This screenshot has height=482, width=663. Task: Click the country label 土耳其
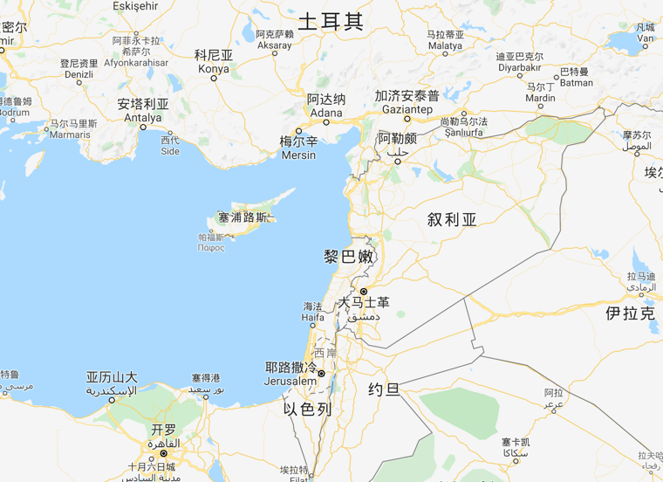click(x=330, y=21)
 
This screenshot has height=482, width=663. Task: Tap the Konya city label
click(x=214, y=61)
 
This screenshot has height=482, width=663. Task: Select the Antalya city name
click(x=143, y=110)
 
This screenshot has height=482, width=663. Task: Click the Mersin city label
click(x=298, y=147)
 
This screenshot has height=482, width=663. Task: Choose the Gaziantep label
click(x=407, y=102)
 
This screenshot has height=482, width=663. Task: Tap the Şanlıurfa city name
click(x=464, y=127)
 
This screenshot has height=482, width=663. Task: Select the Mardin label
click(x=540, y=93)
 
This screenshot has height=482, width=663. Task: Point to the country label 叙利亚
click(x=452, y=219)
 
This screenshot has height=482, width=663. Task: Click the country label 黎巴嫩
click(x=348, y=257)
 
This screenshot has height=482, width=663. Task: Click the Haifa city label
click(x=312, y=312)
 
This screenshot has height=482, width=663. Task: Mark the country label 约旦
click(x=384, y=389)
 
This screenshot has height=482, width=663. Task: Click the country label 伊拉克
click(x=630, y=313)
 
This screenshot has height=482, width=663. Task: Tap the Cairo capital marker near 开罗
click(x=163, y=453)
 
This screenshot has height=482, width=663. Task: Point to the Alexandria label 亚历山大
click(x=112, y=383)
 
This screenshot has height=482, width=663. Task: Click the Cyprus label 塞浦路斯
click(x=242, y=217)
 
